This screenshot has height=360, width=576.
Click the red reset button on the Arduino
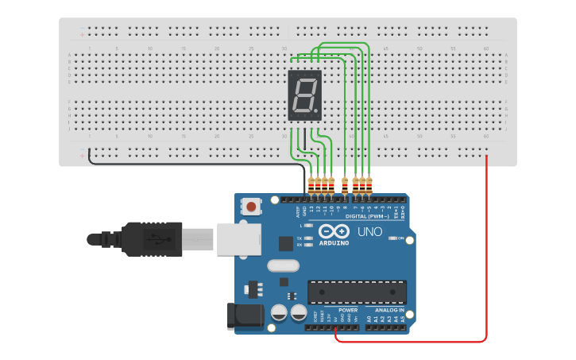click(251, 207)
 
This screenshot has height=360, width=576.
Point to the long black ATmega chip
click(357, 292)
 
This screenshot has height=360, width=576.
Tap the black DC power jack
click(244, 315)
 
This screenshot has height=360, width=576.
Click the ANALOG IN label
click(389, 310)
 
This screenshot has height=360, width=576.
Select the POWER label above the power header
click(348, 310)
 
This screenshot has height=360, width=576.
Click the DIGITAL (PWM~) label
click(367, 216)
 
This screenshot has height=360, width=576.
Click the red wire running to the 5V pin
click(486, 254)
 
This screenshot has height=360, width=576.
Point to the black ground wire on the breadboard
click(191, 165)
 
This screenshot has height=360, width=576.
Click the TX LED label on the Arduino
click(299, 238)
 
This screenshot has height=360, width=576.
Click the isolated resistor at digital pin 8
click(345, 185)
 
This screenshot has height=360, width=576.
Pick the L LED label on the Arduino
click(300, 226)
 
